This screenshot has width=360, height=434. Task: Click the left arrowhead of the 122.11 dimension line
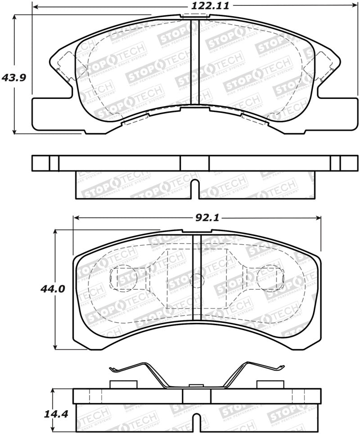point(35,8)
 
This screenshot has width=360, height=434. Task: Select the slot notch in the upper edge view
point(194,188)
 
